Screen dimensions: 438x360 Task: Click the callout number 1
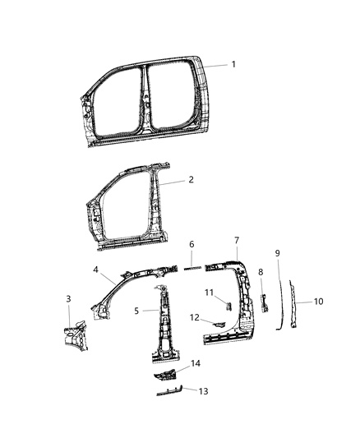pyautogui.click(x=233, y=64)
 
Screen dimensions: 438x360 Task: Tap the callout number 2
pyautogui.click(x=191, y=179)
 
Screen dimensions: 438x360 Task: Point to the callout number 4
pyautogui.click(x=96, y=269)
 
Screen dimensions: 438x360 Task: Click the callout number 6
pyautogui.click(x=192, y=244)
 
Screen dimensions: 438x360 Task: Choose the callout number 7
pyautogui.click(x=236, y=240)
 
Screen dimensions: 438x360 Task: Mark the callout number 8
pyautogui.click(x=261, y=271)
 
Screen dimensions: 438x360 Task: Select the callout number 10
pyautogui.click(x=318, y=302)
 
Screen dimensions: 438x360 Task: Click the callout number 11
pyautogui.click(x=209, y=293)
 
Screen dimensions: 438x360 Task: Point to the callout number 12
pyautogui.click(x=195, y=316)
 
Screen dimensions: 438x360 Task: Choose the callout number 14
pyautogui.click(x=195, y=363)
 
